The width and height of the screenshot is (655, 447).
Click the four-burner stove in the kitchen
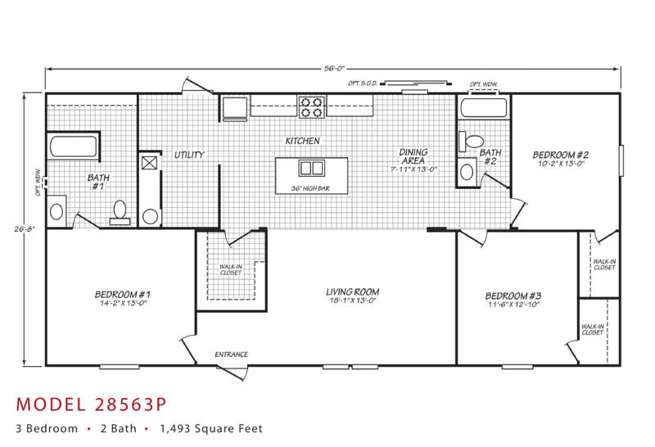pos(312,107)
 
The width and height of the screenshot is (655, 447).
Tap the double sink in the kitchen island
pos(312,168)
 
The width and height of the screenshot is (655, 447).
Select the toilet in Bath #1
pos(120,213)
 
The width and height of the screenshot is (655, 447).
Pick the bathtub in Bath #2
pos(484,108)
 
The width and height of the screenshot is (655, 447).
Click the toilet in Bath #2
pos(471,141)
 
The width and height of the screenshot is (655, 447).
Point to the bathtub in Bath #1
pos(74,146)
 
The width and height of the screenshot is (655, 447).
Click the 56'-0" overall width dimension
pos(334,69)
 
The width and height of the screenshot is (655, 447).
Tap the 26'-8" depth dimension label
pos(25,228)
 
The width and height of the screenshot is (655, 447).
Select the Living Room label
pos(353,291)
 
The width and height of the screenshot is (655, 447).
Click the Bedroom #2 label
pos(561,155)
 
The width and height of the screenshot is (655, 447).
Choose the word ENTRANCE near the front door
pos(232,354)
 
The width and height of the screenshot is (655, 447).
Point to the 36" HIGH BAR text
pos(310,188)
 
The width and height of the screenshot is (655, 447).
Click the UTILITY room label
pos(189,155)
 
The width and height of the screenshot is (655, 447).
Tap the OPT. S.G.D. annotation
pos(363,84)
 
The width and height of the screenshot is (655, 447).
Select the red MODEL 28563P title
pos(91,404)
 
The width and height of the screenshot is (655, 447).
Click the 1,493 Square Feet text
pos(211,429)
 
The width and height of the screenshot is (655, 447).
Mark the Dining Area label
pos(413,156)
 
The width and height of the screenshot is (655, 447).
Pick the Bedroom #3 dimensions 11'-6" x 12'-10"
pos(513,304)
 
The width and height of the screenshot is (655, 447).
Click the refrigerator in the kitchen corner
pos(234,109)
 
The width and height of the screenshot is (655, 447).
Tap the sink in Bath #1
pos(56,211)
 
